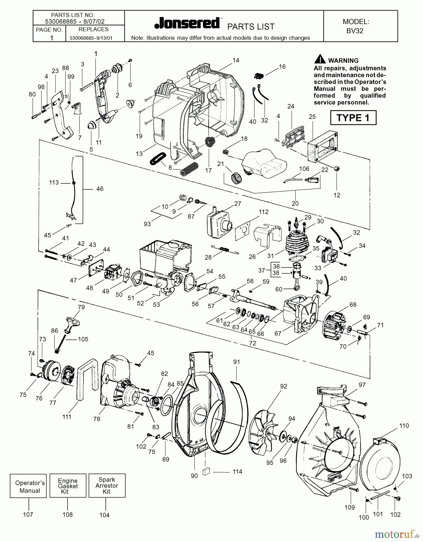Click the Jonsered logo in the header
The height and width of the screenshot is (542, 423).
pos(187,23)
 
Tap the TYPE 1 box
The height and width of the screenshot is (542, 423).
pos(353,117)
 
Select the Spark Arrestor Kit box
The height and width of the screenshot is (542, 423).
pos(107,485)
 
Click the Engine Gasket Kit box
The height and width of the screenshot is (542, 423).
pos(68,486)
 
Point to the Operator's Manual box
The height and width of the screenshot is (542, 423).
pos(30,486)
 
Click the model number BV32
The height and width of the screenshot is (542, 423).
pos(355,31)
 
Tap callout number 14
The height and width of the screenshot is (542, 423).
pos(236,60)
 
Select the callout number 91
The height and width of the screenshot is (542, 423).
pos(237,362)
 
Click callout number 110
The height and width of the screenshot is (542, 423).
pos(404,425)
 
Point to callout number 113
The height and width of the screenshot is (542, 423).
pos(54,182)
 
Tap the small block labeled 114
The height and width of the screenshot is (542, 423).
pos(206,471)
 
